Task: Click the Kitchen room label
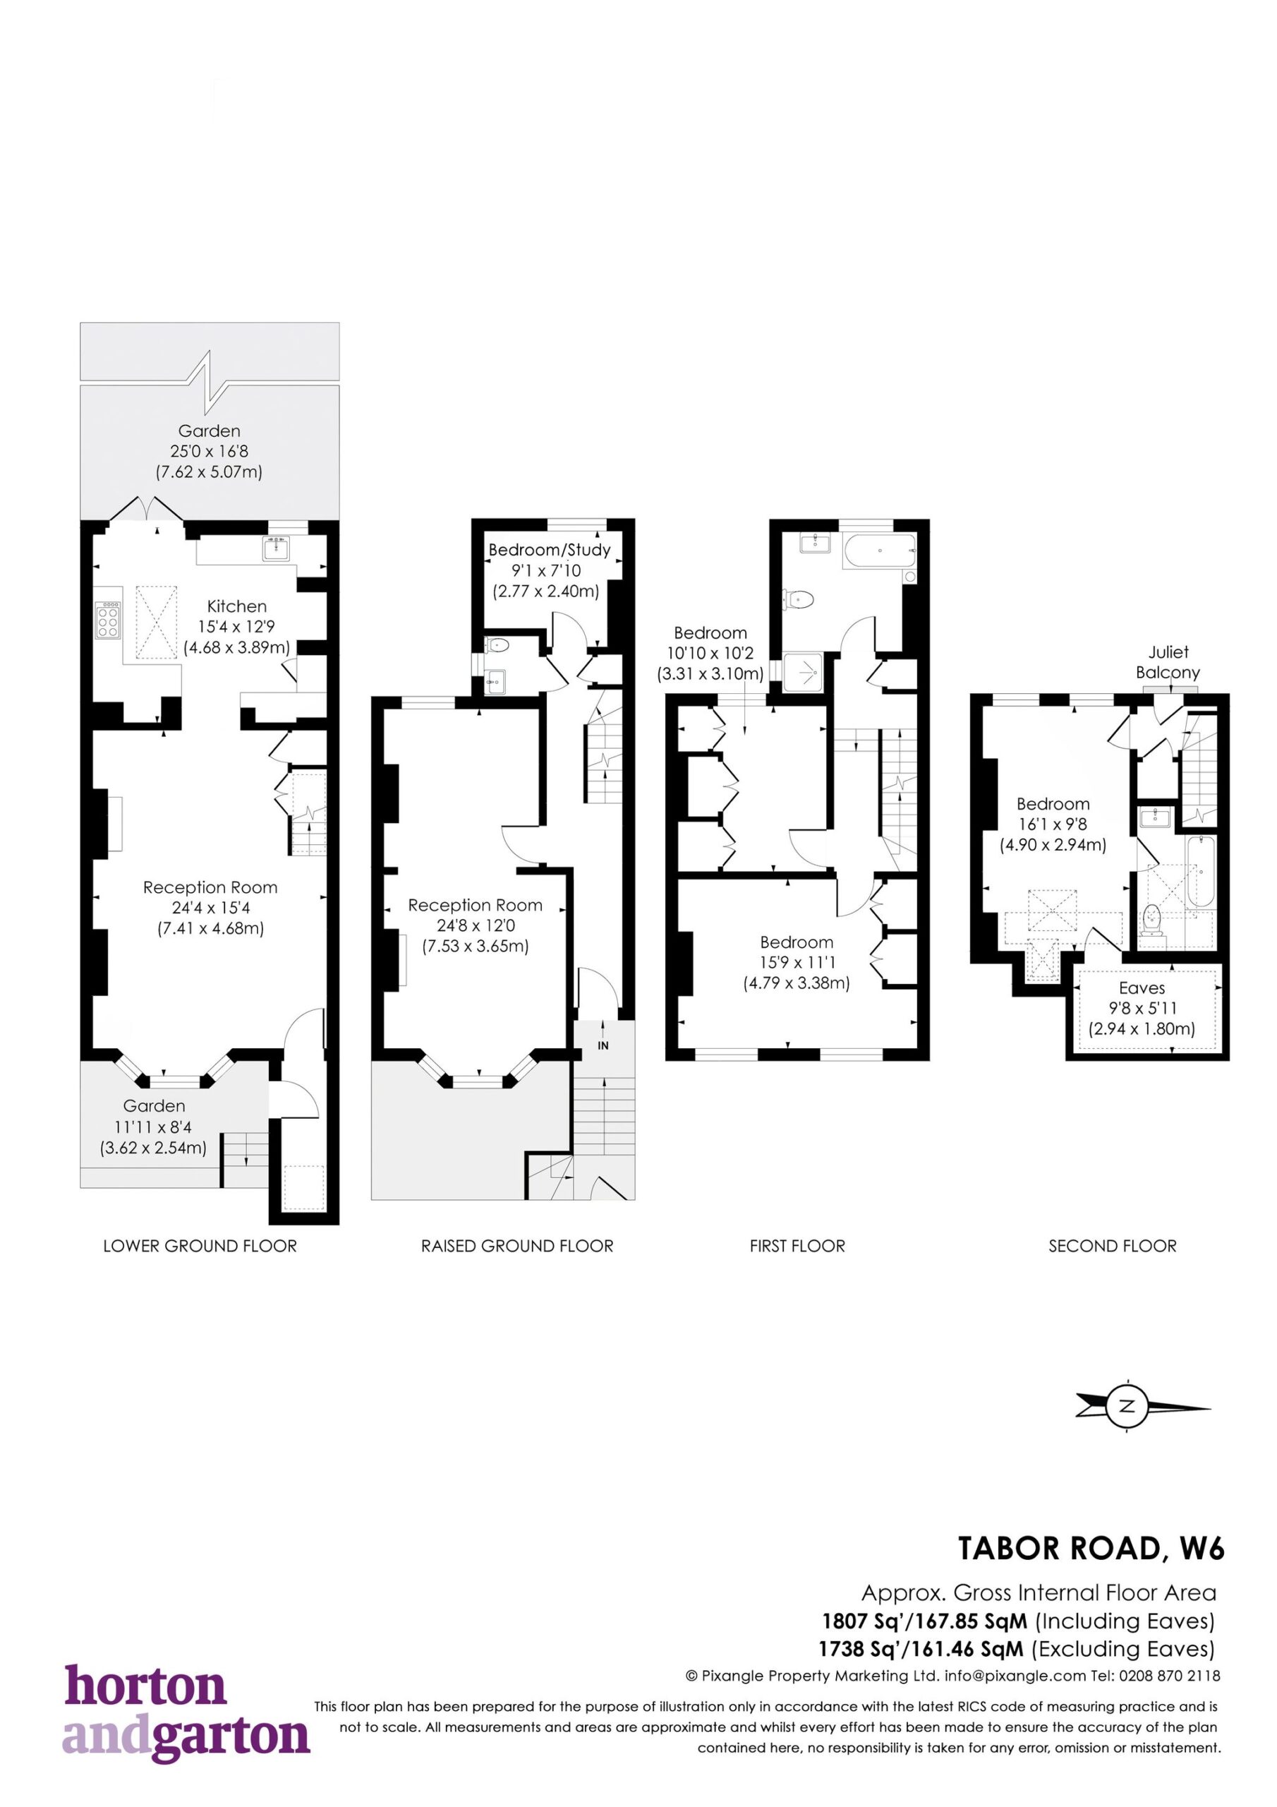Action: [237, 606]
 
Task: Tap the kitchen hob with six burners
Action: [109, 619]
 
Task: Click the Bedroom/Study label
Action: [549, 550]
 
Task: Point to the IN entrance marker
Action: [603, 1046]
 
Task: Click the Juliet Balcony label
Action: [1168, 662]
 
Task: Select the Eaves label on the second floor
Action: [1142, 987]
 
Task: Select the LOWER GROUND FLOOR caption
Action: [200, 1246]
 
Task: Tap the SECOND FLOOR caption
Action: [1113, 1246]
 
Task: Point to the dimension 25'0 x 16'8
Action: [210, 451]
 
